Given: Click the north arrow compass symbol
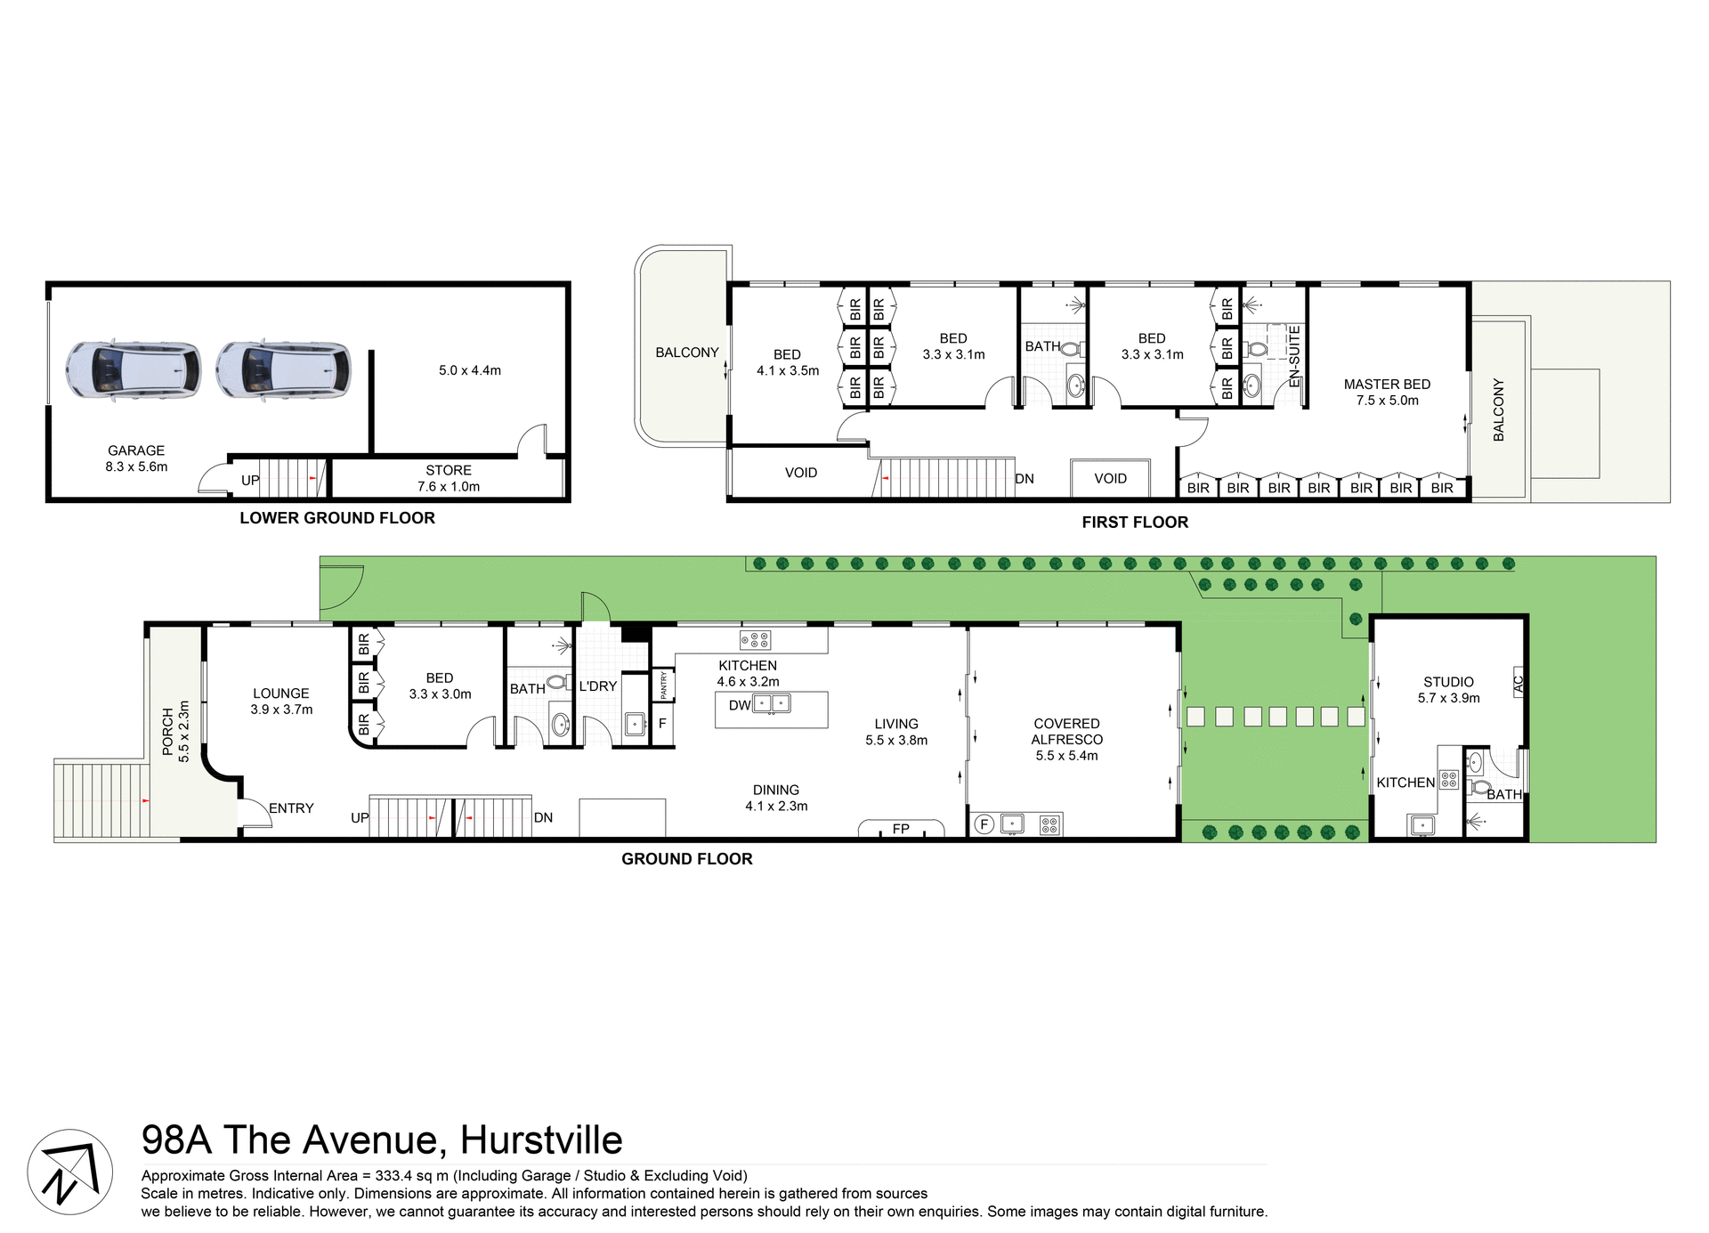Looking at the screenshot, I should click(69, 1172).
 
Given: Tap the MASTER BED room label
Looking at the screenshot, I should click(1387, 392).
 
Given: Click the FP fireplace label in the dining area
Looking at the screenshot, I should click(901, 829).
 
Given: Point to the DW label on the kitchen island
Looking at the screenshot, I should click(740, 705).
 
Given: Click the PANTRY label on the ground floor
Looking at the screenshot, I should click(662, 685).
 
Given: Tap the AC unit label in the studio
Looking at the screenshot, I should click(1519, 683).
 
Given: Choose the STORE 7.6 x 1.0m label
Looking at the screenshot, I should click(449, 478).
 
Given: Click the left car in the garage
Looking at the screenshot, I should click(134, 369).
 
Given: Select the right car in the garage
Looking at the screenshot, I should click(283, 369).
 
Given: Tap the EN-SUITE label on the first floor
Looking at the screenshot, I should click(1295, 356).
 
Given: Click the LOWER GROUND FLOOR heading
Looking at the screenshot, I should click(337, 518).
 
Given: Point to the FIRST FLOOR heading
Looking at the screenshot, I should click(1135, 523).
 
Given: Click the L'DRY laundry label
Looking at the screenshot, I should click(597, 686).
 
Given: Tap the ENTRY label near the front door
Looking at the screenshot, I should click(291, 808).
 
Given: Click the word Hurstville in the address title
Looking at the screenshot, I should click(541, 1140).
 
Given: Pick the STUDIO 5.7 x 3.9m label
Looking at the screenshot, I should click(1448, 690).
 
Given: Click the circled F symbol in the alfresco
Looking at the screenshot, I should click(984, 824).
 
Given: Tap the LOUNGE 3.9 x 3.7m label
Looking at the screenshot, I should click(281, 702).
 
